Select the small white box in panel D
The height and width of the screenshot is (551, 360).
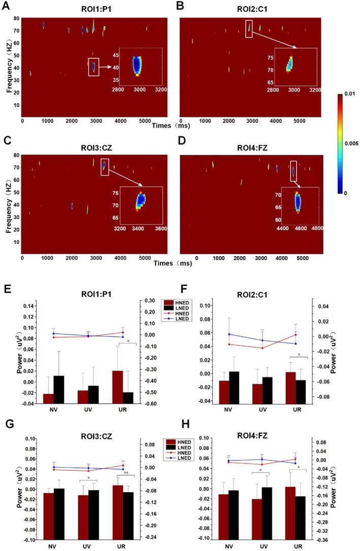coord(293,171)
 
